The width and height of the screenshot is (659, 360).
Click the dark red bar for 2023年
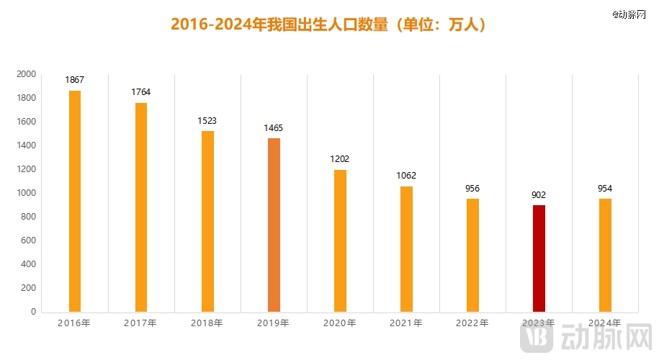click(539, 258)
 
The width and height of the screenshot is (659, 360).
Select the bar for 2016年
click(75, 201)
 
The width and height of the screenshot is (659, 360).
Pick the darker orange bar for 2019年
click(274, 225)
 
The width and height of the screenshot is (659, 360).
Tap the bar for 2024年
click(605, 255)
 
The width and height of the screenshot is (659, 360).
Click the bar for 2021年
click(406, 248)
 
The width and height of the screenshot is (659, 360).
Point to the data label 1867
click(75, 80)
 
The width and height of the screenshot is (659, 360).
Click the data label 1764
click(141, 92)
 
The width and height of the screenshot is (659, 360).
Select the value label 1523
click(207, 121)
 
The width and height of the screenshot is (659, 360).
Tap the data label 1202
click(340, 159)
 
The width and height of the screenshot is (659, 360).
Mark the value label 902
click(539, 194)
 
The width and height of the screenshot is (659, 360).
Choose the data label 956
click(472, 189)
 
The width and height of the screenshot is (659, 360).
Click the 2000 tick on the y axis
click(27, 74)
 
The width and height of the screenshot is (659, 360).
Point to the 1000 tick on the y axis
click(27, 193)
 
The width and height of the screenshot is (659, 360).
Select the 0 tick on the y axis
click(33, 312)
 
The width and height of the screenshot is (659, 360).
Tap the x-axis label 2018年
click(207, 323)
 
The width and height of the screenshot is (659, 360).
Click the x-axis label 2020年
click(340, 323)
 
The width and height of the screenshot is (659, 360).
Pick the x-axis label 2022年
click(472, 323)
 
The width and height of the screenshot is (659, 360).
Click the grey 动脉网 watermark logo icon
click(536, 338)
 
